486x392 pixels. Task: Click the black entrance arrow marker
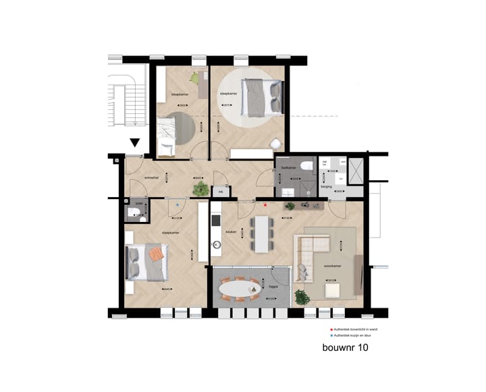[x=135, y=142]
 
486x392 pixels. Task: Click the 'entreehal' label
[x=151, y=177]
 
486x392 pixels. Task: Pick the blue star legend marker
[x=331, y=335]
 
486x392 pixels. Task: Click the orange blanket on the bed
[x=157, y=254]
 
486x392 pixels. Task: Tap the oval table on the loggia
[x=240, y=289]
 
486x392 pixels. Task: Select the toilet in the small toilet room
[x=135, y=215]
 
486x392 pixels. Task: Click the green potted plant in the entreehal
[x=200, y=190]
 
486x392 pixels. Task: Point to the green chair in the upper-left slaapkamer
[x=196, y=78]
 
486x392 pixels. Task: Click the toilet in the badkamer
[x=306, y=165]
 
